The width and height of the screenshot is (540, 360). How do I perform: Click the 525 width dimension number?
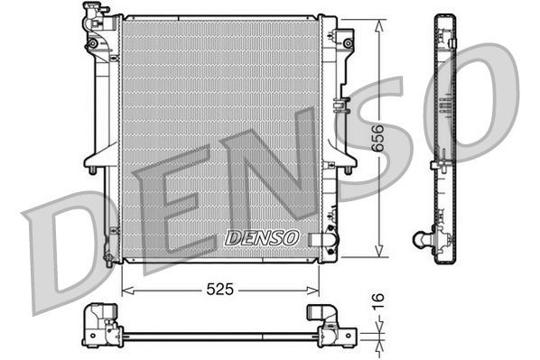click(219, 291)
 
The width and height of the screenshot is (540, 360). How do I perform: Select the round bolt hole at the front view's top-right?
click(347, 41)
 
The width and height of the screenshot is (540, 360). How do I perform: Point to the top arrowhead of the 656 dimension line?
click(377, 23)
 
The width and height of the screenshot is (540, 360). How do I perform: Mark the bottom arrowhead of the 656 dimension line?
click(377, 254)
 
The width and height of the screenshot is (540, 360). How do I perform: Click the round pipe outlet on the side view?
click(420, 239)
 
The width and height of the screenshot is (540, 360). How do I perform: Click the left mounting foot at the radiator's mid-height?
click(95, 166)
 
